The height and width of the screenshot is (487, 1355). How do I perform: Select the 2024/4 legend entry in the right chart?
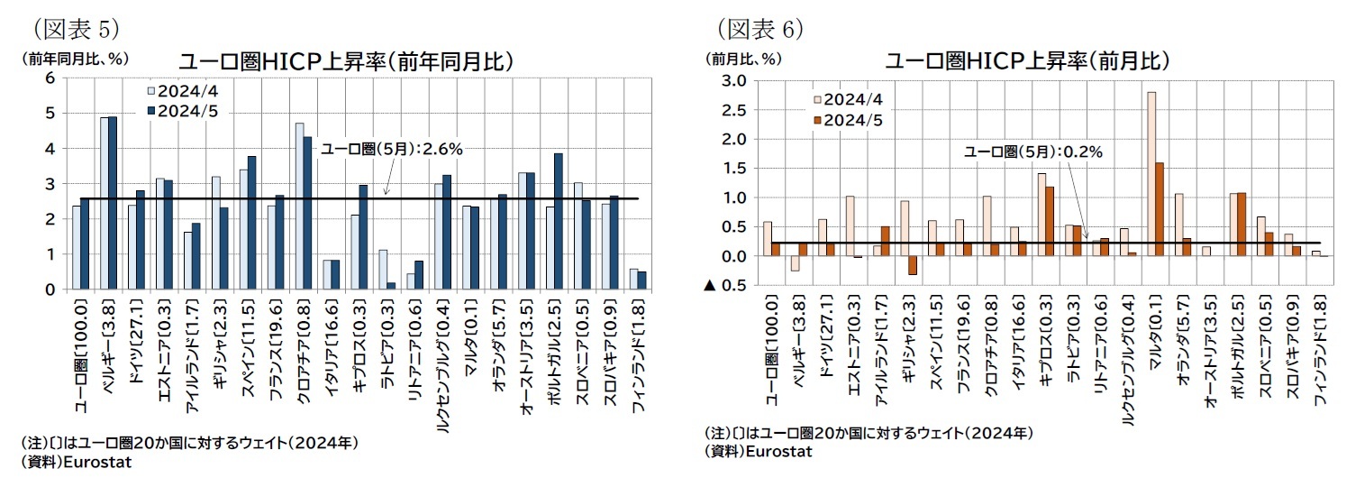click(x=846, y=99)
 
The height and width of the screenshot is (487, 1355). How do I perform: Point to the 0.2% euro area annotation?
click(x=1032, y=152)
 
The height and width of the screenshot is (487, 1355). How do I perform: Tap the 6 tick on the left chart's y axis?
click(x=50, y=78)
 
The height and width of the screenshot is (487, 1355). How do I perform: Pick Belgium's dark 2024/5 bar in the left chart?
click(x=113, y=203)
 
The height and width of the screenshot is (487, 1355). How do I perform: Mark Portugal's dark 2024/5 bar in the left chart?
click(x=558, y=221)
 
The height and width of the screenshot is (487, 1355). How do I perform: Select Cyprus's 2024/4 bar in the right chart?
click(x=1041, y=215)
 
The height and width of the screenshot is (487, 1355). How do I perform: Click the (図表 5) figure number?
click(x=77, y=28)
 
